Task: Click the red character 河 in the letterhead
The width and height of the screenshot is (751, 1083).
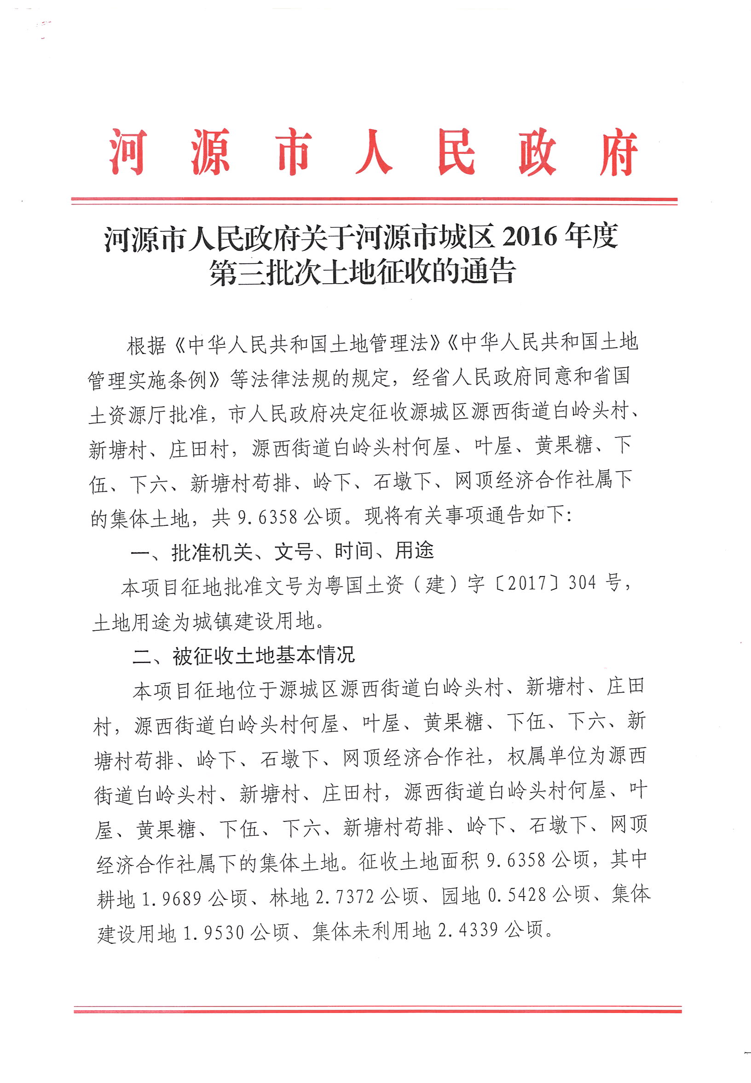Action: [x=127, y=151]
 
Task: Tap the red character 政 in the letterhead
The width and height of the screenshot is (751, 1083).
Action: [x=537, y=151]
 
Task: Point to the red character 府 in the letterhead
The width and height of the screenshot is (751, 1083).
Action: [x=618, y=151]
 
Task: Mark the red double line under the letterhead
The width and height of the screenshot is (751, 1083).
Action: [x=374, y=201]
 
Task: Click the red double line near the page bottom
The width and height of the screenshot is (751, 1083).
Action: [x=377, y=1009]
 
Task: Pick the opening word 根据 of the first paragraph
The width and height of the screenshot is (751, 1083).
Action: [x=146, y=345]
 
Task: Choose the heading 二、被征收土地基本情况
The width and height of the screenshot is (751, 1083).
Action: [x=243, y=655]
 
